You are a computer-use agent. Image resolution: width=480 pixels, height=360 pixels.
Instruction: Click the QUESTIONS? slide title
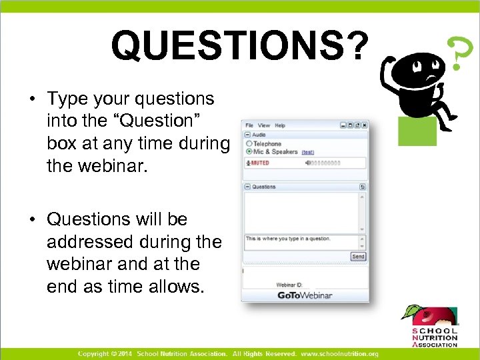239,45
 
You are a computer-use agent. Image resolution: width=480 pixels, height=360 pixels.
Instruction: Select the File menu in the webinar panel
249,125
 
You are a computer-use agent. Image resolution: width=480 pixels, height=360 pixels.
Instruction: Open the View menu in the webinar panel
264,125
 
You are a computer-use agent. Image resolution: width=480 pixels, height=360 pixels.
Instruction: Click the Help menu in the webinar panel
280,125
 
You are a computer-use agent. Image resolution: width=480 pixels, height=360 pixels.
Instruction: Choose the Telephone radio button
249,143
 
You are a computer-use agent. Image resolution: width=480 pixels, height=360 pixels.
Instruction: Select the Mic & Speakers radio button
249,151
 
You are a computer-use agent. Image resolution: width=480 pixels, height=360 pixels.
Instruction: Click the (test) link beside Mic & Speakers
307,152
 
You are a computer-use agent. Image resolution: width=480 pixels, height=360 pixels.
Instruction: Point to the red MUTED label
259,163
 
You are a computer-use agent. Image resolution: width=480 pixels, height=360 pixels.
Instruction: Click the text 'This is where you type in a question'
288,239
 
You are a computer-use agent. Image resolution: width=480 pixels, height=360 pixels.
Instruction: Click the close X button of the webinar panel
365,125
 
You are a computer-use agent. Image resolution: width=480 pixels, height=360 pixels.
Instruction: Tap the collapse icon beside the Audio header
247,134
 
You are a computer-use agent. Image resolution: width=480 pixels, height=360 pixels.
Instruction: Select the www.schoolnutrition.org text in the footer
339,353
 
